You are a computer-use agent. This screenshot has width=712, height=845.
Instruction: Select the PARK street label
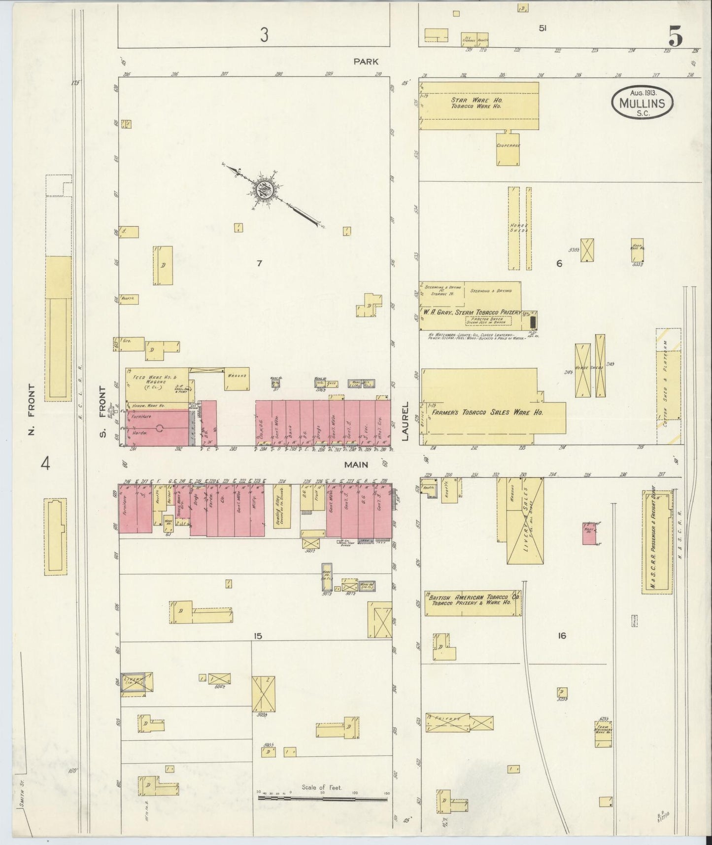[366, 62]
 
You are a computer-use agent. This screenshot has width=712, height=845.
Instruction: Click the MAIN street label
[357, 464]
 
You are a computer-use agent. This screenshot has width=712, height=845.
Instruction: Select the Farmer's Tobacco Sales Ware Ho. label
[488, 412]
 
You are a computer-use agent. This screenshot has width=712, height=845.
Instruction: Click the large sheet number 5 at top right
[675, 37]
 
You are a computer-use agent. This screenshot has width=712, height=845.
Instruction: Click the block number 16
[561, 635]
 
